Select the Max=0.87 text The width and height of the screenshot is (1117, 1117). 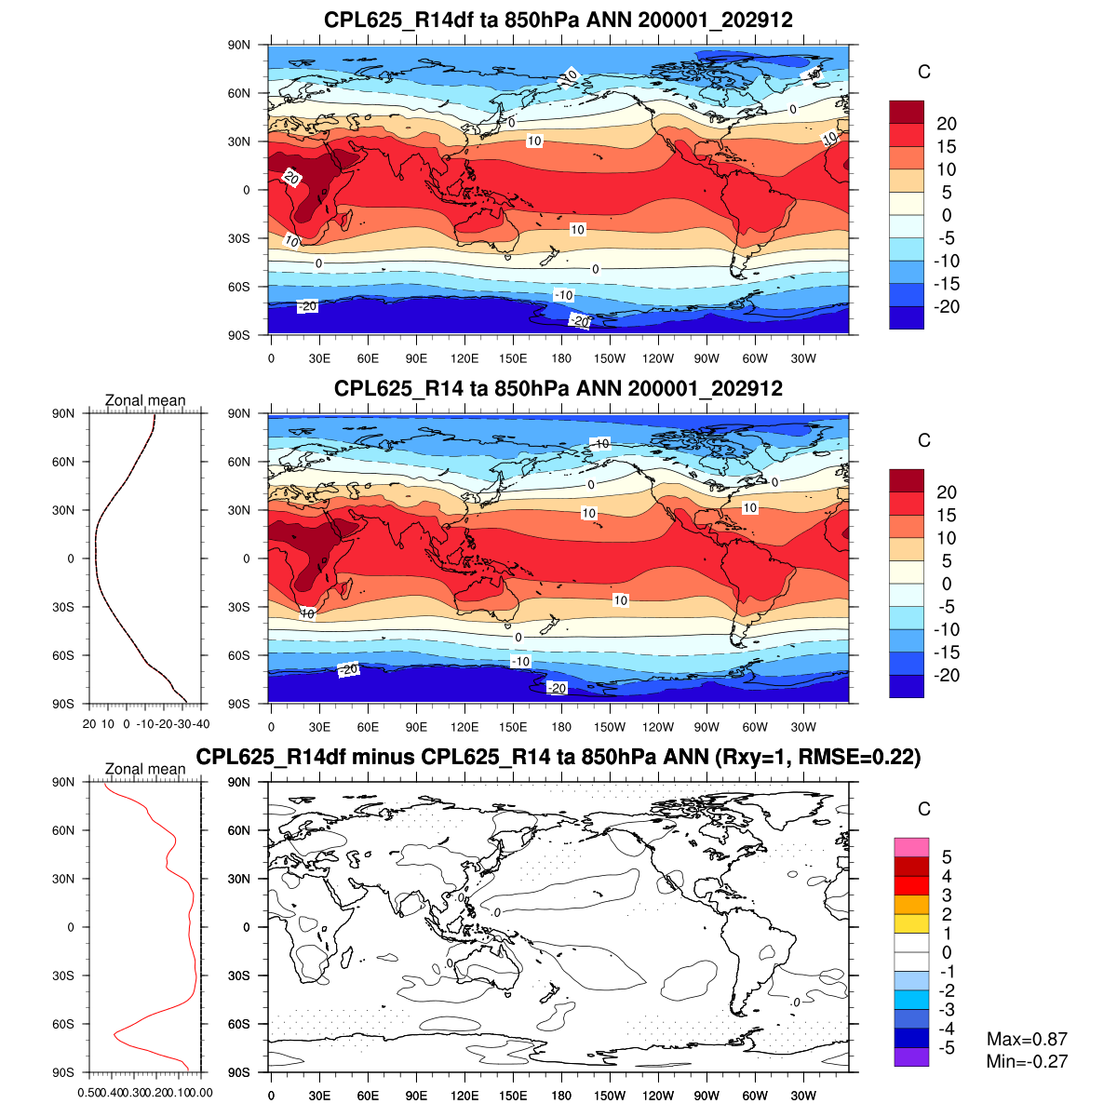tap(1027, 1039)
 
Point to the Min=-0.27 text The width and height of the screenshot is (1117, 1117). tap(1027, 1061)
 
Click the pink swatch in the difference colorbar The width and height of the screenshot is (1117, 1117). tap(911, 847)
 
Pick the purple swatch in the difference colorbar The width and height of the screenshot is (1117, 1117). tap(911, 1056)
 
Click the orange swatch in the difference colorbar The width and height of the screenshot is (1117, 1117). tap(911, 904)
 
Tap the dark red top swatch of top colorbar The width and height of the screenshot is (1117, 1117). tap(907, 112)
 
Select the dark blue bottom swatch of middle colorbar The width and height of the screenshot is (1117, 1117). tap(907, 686)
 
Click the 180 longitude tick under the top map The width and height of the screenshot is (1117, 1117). tap(561, 359)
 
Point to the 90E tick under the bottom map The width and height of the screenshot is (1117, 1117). tap(416, 1097)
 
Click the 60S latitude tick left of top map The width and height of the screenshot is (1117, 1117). tap(240, 287)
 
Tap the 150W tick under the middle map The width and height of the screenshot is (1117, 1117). tap(610, 728)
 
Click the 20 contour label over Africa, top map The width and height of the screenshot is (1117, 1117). tap(291, 178)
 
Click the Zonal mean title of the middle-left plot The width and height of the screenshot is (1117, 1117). tap(145, 400)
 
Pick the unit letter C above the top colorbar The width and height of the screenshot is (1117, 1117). tap(923, 72)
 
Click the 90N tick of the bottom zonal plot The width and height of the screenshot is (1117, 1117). tap(63, 782)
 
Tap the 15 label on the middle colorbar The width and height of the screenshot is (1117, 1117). tap(946, 515)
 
